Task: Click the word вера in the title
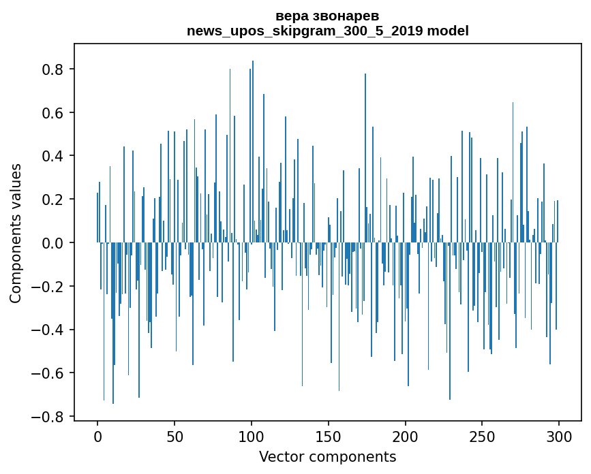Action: point(290,16)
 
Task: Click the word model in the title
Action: point(448,31)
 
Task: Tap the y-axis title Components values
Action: point(16,233)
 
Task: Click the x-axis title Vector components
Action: point(327,457)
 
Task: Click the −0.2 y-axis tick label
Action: point(49,286)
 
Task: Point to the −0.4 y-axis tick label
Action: point(49,330)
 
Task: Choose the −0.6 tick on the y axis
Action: point(49,373)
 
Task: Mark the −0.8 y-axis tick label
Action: point(49,416)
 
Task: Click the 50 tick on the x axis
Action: point(175,436)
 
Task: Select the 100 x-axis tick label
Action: point(252,436)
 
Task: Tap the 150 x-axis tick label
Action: point(329,436)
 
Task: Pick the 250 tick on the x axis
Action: point(482,436)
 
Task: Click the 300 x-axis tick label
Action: point(559,436)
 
